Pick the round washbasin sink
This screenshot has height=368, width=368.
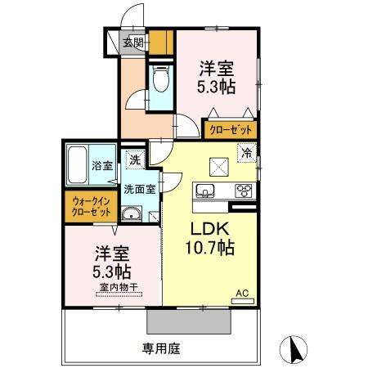130,215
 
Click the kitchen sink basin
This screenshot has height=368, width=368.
205,191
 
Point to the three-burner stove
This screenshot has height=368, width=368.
244,191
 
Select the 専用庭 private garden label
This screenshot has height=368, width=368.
159,348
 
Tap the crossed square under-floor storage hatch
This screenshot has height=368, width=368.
218,165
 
